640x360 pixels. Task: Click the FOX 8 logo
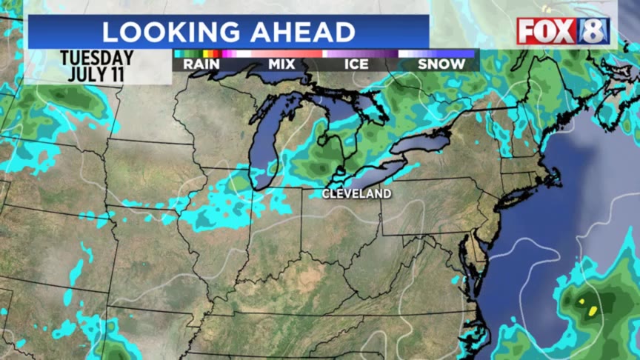[x=564, y=31]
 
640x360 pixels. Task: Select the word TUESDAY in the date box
[x=97, y=58]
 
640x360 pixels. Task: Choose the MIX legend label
[x=281, y=64]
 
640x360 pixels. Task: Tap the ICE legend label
[x=356, y=64]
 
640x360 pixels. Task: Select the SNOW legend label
[x=441, y=64]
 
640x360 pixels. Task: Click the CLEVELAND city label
[x=356, y=193]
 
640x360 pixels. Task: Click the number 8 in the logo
[x=597, y=31]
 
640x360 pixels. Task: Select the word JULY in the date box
[x=83, y=73]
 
